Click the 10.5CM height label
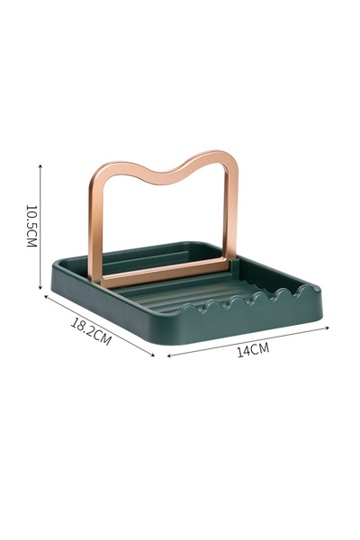[31, 226]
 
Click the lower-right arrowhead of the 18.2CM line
[154, 355]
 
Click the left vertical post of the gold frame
[94, 225]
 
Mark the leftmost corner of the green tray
[53, 264]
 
